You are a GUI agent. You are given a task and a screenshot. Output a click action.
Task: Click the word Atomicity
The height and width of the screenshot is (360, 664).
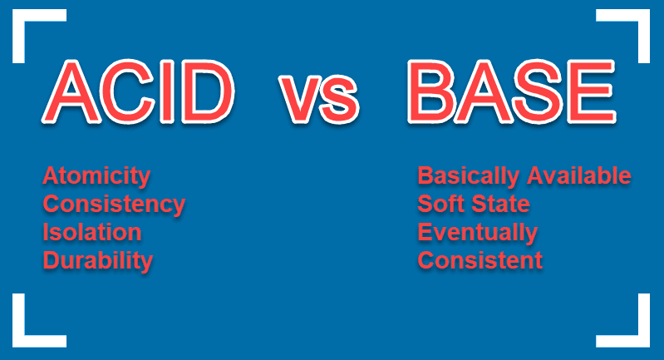click(96, 176)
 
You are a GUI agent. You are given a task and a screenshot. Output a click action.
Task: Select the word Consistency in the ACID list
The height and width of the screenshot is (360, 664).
click(114, 205)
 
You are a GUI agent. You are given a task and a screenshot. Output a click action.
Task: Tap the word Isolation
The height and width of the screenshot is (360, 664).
click(92, 232)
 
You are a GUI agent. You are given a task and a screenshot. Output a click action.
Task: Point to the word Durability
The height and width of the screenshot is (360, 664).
click(98, 261)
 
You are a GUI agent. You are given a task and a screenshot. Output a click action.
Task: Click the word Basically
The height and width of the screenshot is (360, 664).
click(469, 176)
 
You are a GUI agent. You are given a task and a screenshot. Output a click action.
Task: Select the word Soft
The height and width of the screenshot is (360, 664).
click(440, 204)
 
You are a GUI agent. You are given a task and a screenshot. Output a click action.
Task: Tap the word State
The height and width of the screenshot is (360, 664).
click(500, 204)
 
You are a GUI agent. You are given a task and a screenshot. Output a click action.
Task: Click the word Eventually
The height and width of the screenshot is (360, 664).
click(478, 233)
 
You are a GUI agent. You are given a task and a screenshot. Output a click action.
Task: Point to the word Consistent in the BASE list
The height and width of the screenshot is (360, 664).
click(480, 260)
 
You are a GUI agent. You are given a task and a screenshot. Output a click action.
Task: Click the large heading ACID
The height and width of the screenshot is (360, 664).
click(138, 91)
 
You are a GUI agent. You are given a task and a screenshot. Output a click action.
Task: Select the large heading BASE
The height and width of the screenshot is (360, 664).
click(512, 91)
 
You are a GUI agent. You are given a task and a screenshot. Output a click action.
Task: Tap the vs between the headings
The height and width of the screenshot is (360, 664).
click(319, 99)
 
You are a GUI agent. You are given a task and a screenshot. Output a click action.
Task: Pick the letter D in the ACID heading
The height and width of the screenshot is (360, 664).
click(208, 91)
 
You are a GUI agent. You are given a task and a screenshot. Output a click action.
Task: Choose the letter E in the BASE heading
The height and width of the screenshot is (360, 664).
click(591, 91)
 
